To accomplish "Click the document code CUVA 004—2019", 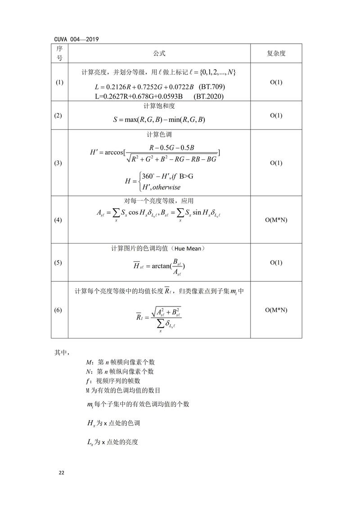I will (x=76, y=39).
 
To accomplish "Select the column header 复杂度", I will (x=276, y=53).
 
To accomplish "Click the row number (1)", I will (x=59, y=82).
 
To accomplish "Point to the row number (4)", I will (x=59, y=220).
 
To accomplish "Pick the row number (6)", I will (x=59, y=310).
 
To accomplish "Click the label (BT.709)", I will (x=211, y=86).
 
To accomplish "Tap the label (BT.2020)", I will (x=208, y=96).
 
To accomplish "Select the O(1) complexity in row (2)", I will (x=276, y=116).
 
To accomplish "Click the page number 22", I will (x=62, y=473).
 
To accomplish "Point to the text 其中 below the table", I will (x=63, y=352).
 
